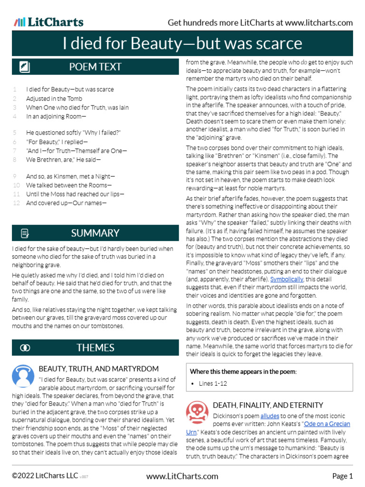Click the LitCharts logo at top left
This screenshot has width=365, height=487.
tap(48, 22)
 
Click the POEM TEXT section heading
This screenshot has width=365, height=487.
tap(95, 67)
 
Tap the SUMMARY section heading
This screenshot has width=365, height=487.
tap(95, 233)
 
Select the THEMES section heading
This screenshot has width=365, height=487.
tap(95, 348)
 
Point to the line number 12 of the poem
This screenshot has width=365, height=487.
tap(16, 203)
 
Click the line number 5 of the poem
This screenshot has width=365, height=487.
tap(15, 132)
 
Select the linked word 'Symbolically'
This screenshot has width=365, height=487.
tap(287, 279)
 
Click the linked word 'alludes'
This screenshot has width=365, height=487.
tap(269, 415)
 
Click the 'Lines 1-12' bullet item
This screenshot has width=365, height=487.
tap(213, 383)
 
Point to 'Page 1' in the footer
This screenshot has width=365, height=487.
tap(342, 476)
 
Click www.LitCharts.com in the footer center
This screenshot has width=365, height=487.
tap(182, 476)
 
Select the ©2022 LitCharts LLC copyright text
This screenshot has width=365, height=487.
tap(45, 476)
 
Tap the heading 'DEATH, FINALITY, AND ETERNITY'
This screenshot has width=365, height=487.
tap(268, 405)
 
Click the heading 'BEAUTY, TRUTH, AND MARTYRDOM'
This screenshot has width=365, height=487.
tap(98, 369)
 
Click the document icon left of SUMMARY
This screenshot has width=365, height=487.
tap(25, 233)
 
